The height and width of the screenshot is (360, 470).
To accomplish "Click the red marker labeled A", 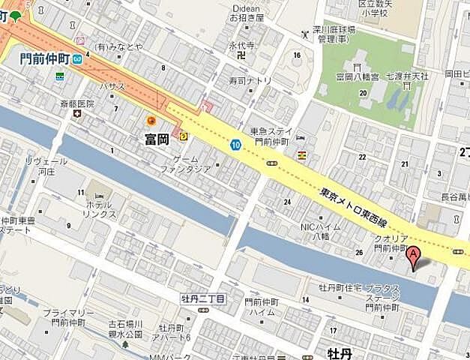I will coord(412,257).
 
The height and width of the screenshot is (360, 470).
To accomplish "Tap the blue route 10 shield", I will coord(236,145).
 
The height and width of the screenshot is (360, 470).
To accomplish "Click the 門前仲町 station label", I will coord(45,58).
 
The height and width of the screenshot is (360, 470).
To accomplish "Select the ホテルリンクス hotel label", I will coord(99,209).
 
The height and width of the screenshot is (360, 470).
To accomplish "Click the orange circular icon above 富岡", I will coord(151,121).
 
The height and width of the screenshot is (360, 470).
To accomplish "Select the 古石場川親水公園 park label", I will coord(124,329).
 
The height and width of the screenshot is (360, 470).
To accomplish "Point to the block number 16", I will coord(297,55).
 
